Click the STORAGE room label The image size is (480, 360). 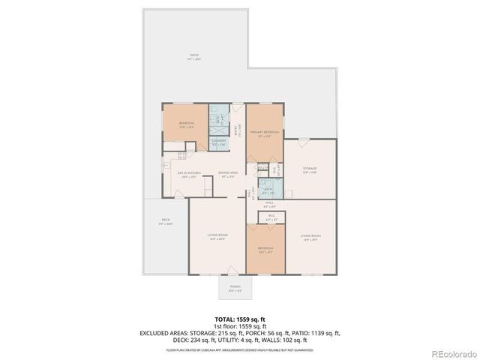309,169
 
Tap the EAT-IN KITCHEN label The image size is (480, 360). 189,173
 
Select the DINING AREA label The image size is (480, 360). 228,173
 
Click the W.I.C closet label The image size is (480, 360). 271,217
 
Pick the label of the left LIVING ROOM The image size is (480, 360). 217,237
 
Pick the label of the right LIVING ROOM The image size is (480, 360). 310,237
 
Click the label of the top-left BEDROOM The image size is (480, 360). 186,124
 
